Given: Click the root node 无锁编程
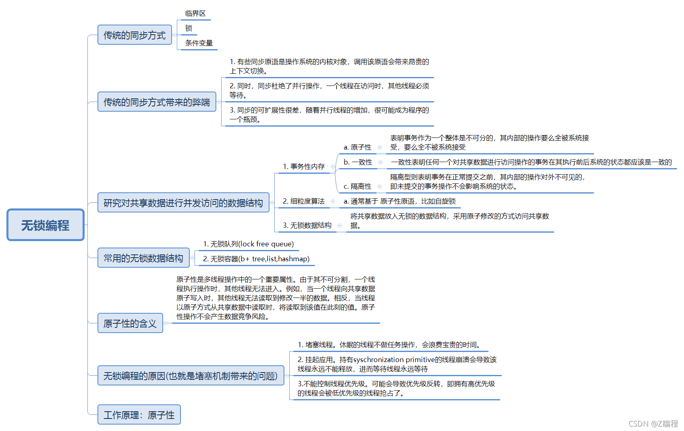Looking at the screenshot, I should click(x=45, y=225).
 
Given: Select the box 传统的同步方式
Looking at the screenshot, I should click(x=135, y=35).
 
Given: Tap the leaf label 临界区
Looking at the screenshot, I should click(x=195, y=13).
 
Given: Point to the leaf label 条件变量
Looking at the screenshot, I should click(x=199, y=43).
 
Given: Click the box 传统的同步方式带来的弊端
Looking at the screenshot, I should click(x=157, y=102).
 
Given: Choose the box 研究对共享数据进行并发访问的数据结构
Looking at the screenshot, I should click(x=183, y=203).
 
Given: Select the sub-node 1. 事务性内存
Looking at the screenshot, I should click(x=304, y=167).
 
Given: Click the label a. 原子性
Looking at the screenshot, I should click(x=357, y=147).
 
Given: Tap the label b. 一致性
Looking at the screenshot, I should click(x=358, y=162).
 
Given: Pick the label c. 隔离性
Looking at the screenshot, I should click(x=357, y=186).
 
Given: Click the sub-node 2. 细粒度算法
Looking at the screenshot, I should click(x=304, y=201).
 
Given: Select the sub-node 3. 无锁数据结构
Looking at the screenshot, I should click(x=307, y=225).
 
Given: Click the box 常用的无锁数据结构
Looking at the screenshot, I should click(x=143, y=258).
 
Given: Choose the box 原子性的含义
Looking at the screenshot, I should click(x=130, y=323).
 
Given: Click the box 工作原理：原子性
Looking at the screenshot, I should click(x=139, y=415).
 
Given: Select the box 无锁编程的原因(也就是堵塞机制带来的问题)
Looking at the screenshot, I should click(x=191, y=376).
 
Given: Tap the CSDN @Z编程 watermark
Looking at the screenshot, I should click(x=653, y=424).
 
